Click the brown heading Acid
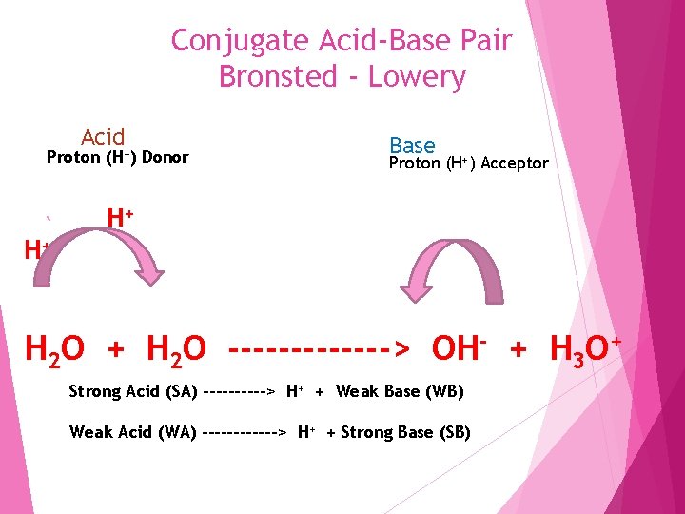point(103,137)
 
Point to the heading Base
point(412,146)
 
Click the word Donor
point(166,157)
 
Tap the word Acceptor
point(515,164)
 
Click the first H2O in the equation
point(53,349)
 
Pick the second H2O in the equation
point(176,349)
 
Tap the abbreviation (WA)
point(176,433)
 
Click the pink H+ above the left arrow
point(119,218)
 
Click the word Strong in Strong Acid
point(94,392)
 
